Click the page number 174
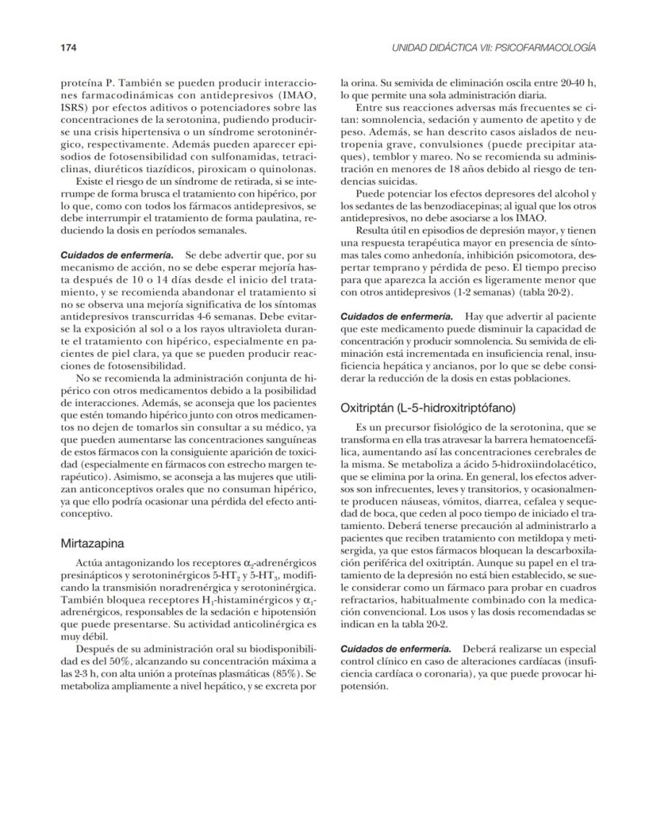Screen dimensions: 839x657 click(69, 48)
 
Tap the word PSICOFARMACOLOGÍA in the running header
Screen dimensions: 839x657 click(547, 48)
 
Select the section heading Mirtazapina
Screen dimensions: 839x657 click(93, 544)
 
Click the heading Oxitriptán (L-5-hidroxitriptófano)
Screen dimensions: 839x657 click(428, 408)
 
